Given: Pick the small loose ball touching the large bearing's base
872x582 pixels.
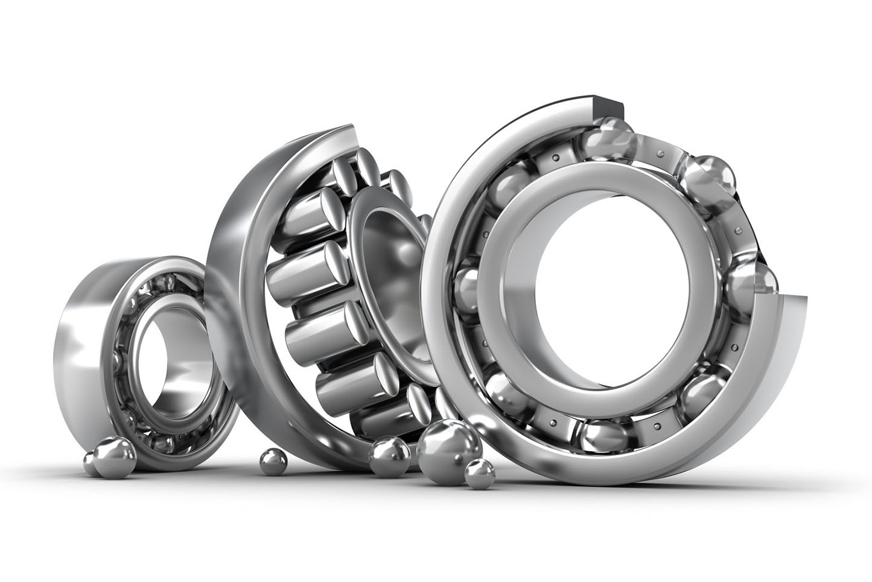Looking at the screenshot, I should [x=479, y=472].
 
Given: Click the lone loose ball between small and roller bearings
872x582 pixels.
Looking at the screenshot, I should [x=273, y=462].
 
